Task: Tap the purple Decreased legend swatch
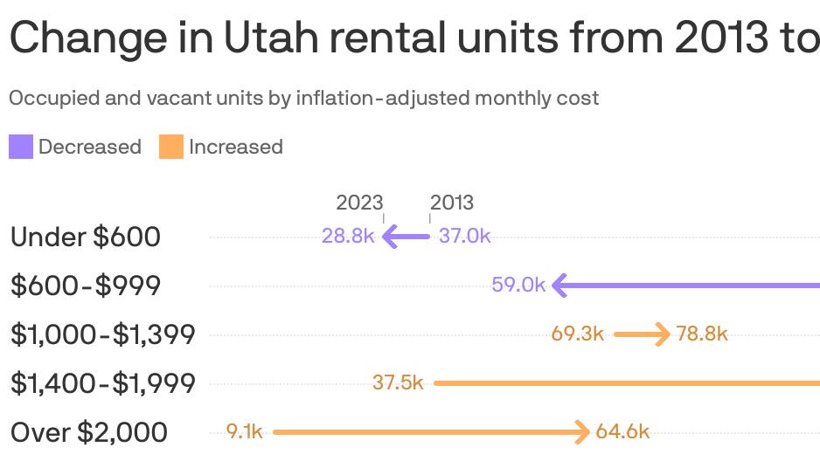coord(21,147)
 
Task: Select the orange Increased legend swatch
coord(170,147)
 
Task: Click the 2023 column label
coord(359,203)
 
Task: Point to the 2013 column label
coord(452,203)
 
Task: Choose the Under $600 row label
coord(86,237)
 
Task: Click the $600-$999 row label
coord(86,286)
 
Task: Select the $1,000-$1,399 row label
coord(102,334)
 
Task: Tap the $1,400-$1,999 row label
coord(102,383)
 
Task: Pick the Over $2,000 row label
coord(89,432)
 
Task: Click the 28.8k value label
coord(348,236)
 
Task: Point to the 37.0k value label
coord(464,236)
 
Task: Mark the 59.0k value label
coord(518,285)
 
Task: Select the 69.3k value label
coord(578,334)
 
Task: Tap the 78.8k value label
coord(702,334)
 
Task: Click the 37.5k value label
coord(398,382)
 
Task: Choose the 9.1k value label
coord(244,431)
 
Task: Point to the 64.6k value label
coord(622,431)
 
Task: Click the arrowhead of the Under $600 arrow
coord(390,236)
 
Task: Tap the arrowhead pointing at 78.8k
coord(663,334)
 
